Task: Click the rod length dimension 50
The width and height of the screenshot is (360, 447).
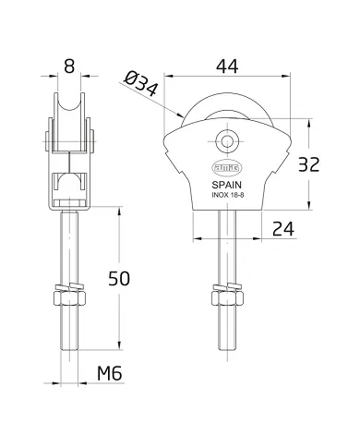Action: coord(114,276)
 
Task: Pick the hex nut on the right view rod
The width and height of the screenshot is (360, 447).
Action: coord(225,298)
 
